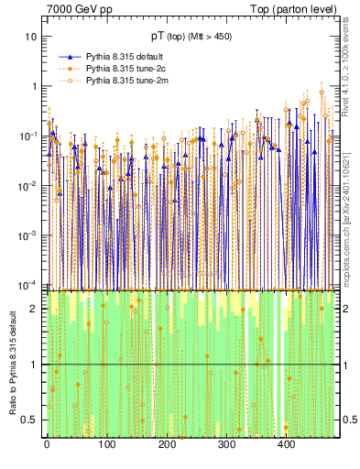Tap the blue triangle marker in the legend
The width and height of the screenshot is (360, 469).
tap(66, 56)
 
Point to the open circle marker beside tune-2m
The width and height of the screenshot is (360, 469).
tap(66, 81)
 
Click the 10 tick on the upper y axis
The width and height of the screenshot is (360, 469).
tap(31, 37)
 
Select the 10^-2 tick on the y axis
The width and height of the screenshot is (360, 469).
tap(27, 186)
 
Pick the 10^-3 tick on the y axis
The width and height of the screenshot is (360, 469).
tap(27, 235)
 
